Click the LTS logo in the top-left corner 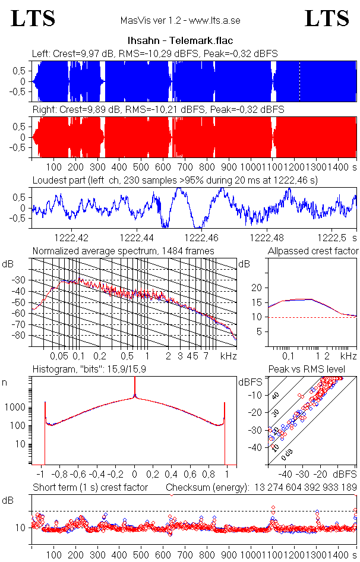click(x=33, y=18)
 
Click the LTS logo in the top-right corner click(x=327, y=18)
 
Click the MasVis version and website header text click(x=180, y=21)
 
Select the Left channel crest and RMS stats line click(x=154, y=53)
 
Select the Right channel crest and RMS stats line click(x=157, y=109)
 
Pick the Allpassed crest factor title click(x=313, y=251)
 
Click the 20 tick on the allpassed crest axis click(x=257, y=288)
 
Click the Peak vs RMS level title click(x=315, y=370)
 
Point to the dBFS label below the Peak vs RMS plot click(x=345, y=475)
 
